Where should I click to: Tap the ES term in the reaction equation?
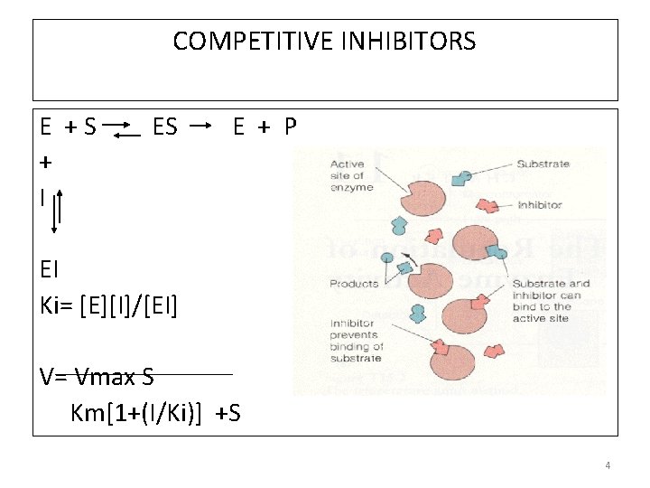pyautogui.click(x=165, y=127)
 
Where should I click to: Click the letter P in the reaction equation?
pyautogui.click(x=290, y=127)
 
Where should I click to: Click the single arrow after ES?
pyautogui.click(x=203, y=123)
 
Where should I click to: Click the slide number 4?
pyautogui.click(x=608, y=465)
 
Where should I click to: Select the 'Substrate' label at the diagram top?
pyautogui.click(x=543, y=164)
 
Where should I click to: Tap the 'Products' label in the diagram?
pyautogui.click(x=353, y=284)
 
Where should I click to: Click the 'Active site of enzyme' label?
pyautogui.click(x=347, y=175)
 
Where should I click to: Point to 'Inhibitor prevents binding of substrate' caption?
pyautogui.click(x=357, y=341)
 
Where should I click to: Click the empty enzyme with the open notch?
pyautogui.click(x=414, y=202)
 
